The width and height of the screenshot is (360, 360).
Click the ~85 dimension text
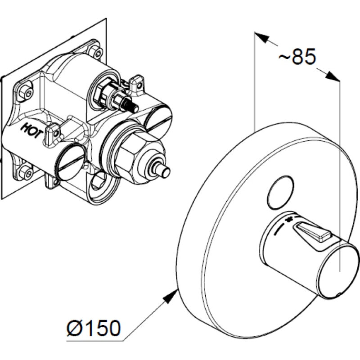[297, 57]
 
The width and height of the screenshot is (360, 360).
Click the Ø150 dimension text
[94, 328]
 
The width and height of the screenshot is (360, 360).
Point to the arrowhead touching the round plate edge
[170, 296]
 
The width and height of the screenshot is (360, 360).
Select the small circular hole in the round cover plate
[280, 193]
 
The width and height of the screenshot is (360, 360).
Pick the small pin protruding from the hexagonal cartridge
[162, 171]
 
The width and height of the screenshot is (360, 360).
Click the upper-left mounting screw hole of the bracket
[26, 92]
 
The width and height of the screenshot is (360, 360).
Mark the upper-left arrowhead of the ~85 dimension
[262, 38]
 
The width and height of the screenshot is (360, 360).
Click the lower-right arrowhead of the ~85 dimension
[332, 76]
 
